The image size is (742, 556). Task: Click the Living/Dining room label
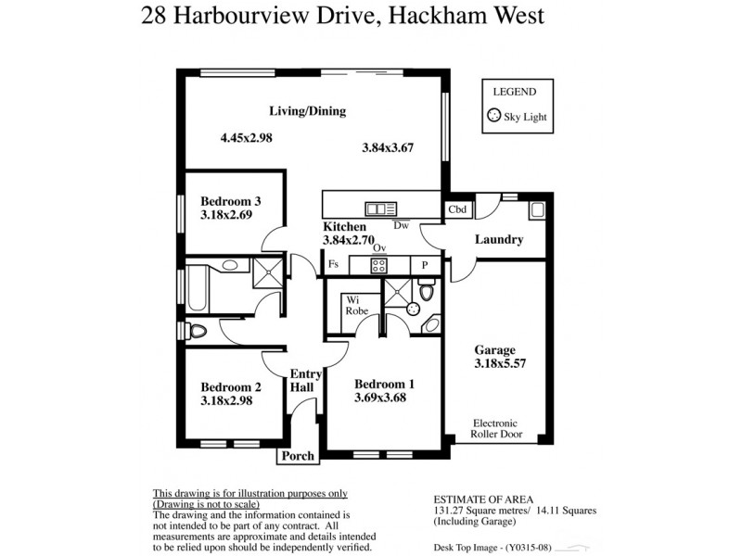tap(307, 111)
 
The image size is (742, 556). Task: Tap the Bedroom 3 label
tap(231, 200)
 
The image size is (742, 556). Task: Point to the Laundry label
tap(499, 240)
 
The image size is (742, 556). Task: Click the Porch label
tap(298, 456)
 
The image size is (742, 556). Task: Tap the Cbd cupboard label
tap(457, 209)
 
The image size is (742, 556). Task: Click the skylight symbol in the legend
tap(493, 117)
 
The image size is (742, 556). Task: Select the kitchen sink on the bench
tap(380, 208)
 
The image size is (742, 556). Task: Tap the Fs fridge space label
tap(334, 265)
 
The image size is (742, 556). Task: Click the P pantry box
tap(425, 265)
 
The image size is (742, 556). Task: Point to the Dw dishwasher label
tap(401, 225)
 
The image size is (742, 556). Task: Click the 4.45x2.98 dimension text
tap(246, 138)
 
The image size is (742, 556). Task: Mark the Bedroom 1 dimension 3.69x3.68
tap(380, 398)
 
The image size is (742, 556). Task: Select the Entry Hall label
tap(306, 381)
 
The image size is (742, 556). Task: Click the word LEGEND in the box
tap(514, 92)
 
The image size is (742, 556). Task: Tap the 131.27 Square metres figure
tap(472, 511)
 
